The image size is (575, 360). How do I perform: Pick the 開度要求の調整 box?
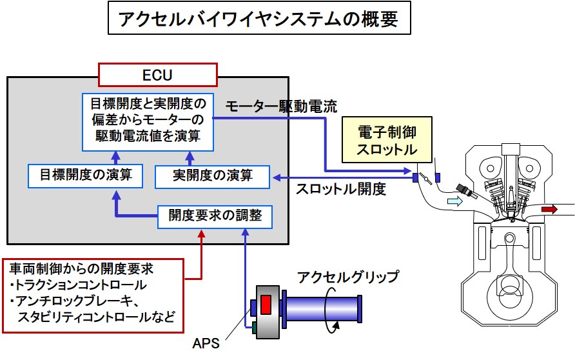point(215,216)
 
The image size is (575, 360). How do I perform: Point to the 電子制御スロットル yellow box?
point(387,141)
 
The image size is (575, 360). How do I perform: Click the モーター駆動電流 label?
point(282,105)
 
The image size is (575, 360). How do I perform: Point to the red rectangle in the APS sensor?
point(266,303)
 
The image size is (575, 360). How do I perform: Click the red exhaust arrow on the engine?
point(550,209)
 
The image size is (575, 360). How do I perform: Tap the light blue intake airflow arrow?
point(456,202)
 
